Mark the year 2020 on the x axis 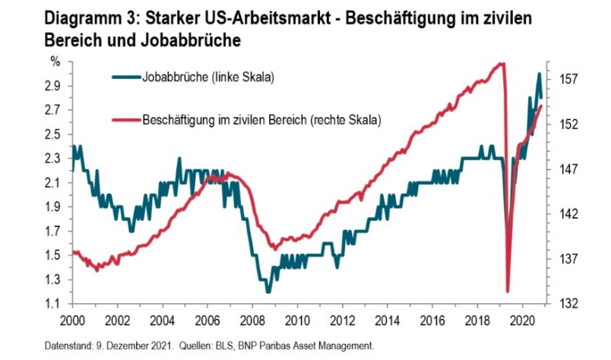click(522, 321)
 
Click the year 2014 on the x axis click(387, 321)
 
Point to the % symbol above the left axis click(55, 60)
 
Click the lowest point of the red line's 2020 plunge click(507, 291)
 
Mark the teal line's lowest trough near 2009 click(268, 292)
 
